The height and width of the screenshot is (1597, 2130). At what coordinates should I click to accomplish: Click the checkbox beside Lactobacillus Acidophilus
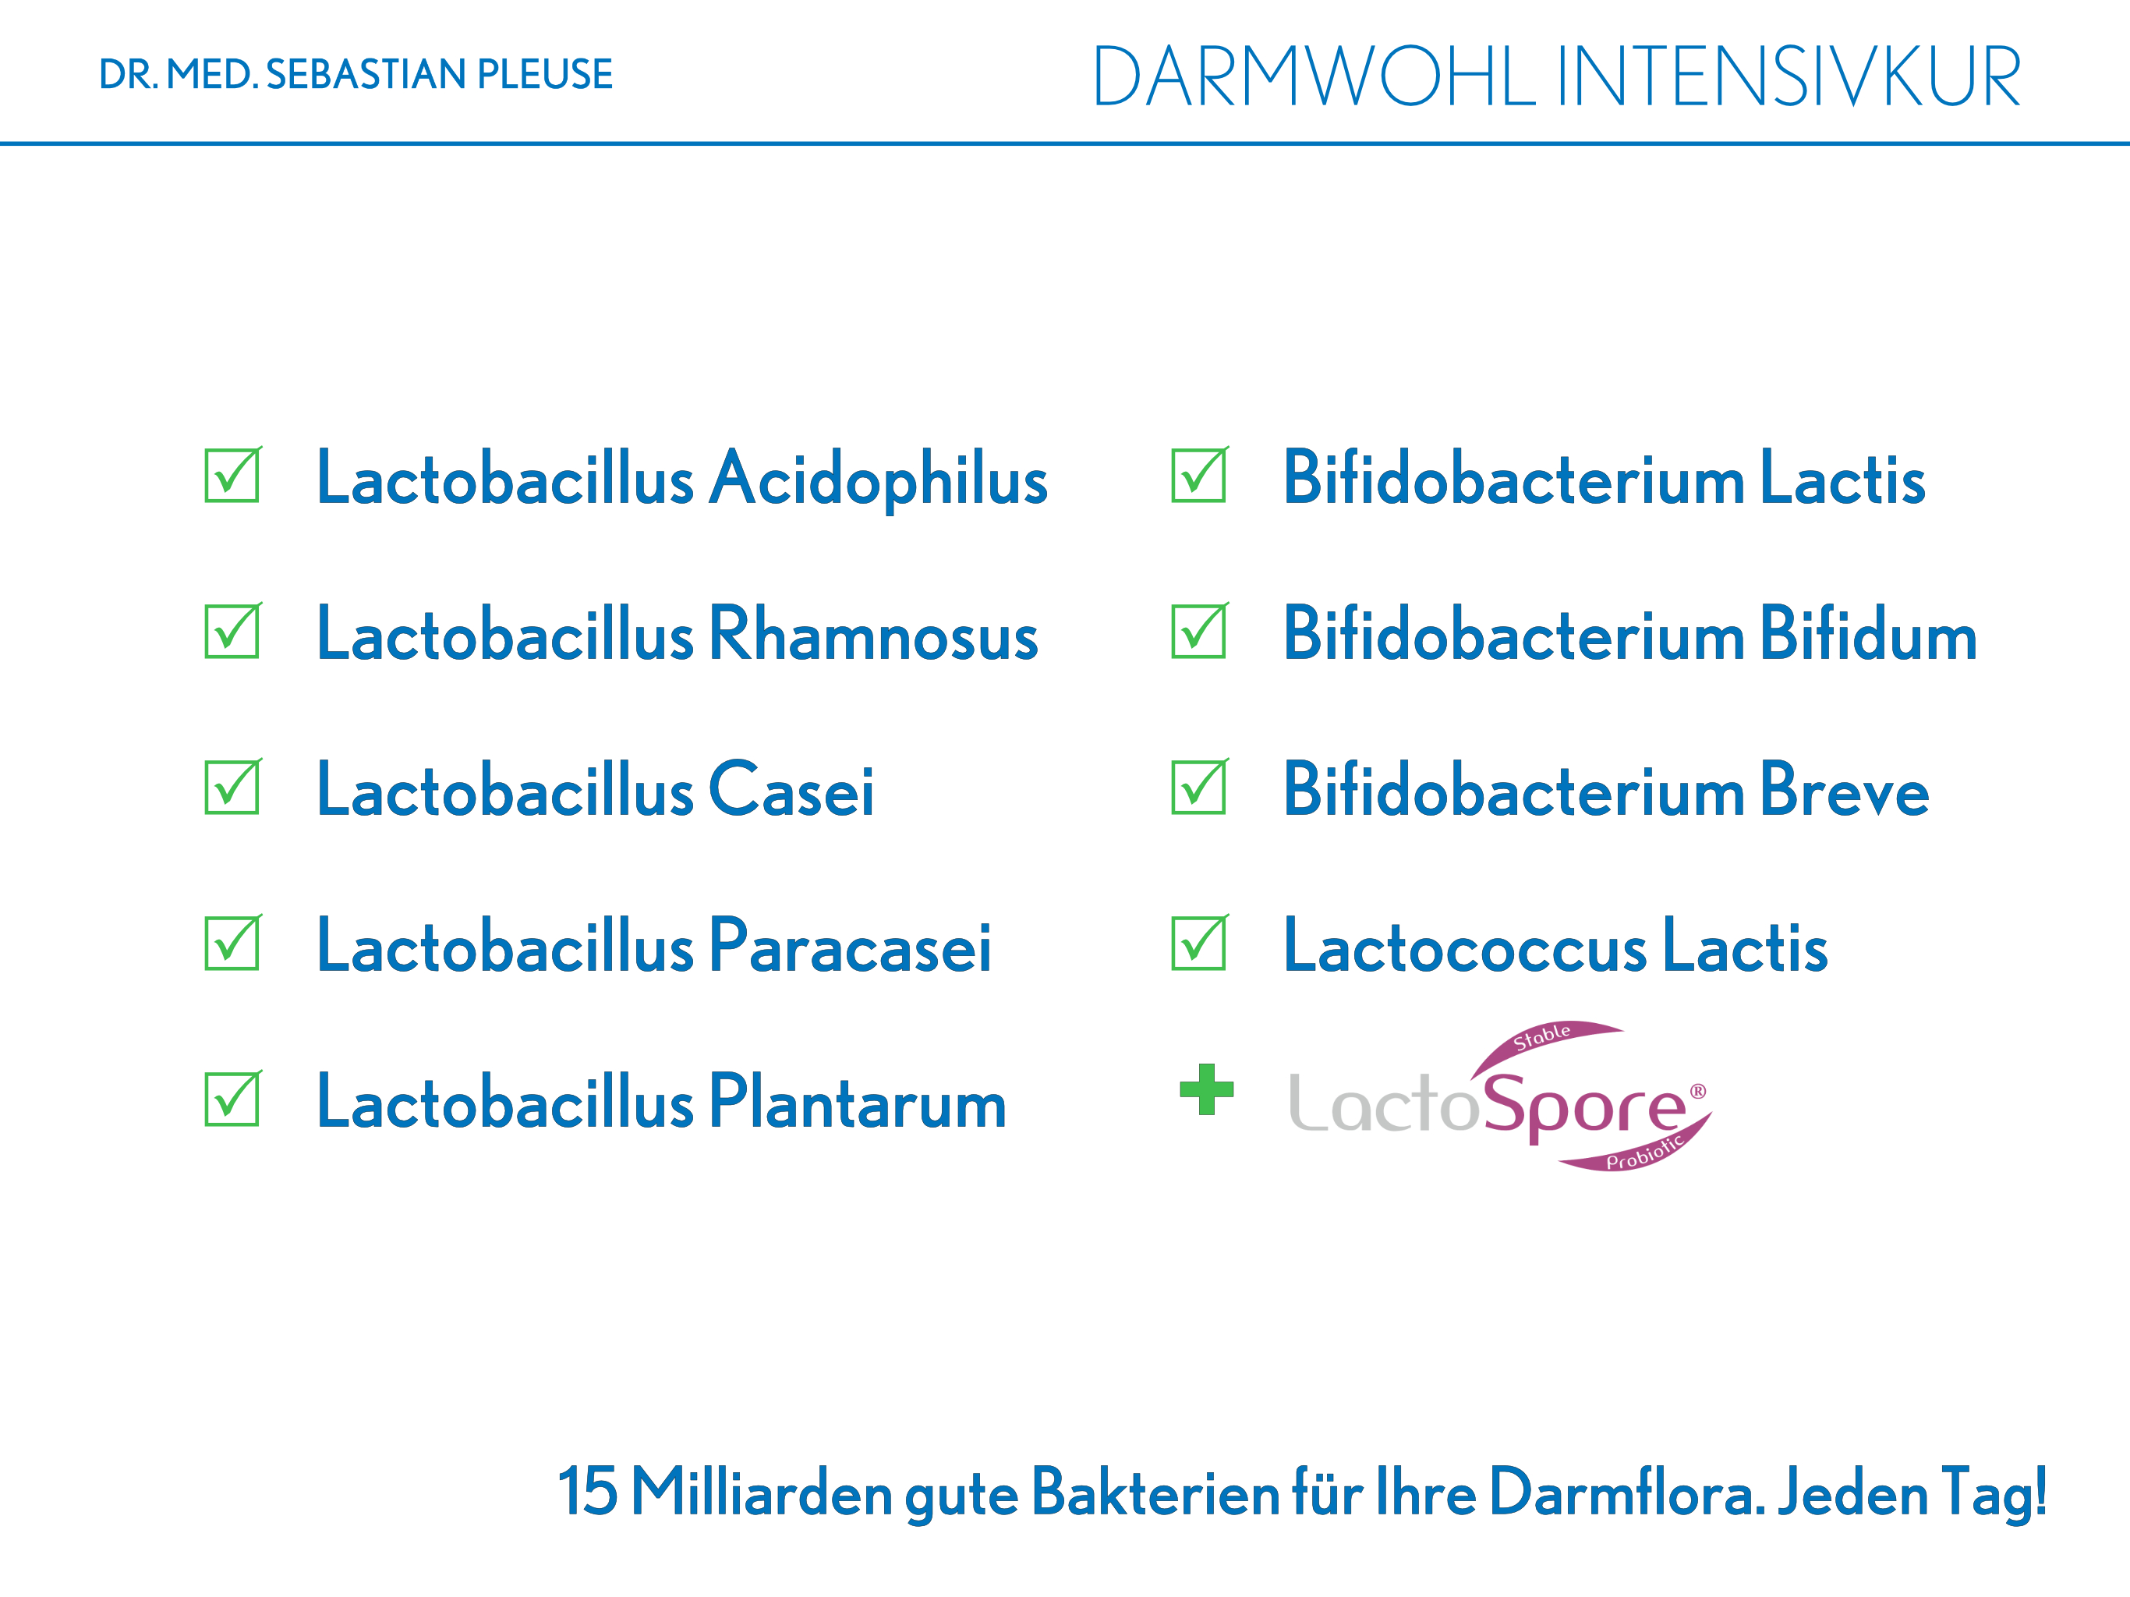pyautogui.click(x=232, y=475)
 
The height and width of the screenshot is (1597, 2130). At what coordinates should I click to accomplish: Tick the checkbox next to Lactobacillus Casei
pyautogui.click(x=232, y=787)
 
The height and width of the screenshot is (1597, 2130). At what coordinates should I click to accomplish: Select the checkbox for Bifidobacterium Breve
pyautogui.click(x=1199, y=787)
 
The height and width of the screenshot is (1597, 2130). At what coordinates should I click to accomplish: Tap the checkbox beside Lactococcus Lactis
pyautogui.click(x=1199, y=943)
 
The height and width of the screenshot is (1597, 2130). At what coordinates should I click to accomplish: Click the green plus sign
pyautogui.click(x=1207, y=1089)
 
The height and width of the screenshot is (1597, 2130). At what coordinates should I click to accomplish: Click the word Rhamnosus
pyautogui.click(x=874, y=634)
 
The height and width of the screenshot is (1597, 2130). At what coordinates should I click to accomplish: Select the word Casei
pyautogui.click(x=791, y=790)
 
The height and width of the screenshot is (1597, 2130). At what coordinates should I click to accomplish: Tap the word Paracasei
pyautogui.click(x=851, y=946)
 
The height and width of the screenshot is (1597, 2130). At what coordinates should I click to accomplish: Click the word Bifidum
pyautogui.click(x=1869, y=634)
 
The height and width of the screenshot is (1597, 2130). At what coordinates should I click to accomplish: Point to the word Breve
pyautogui.click(x=1845, y=790)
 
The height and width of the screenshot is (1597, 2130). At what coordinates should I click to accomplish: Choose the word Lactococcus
pyautogui.click(x=1466, y=946)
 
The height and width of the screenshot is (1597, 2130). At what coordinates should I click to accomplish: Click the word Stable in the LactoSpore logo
pyautogui.click(x=1541, y=1036)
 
